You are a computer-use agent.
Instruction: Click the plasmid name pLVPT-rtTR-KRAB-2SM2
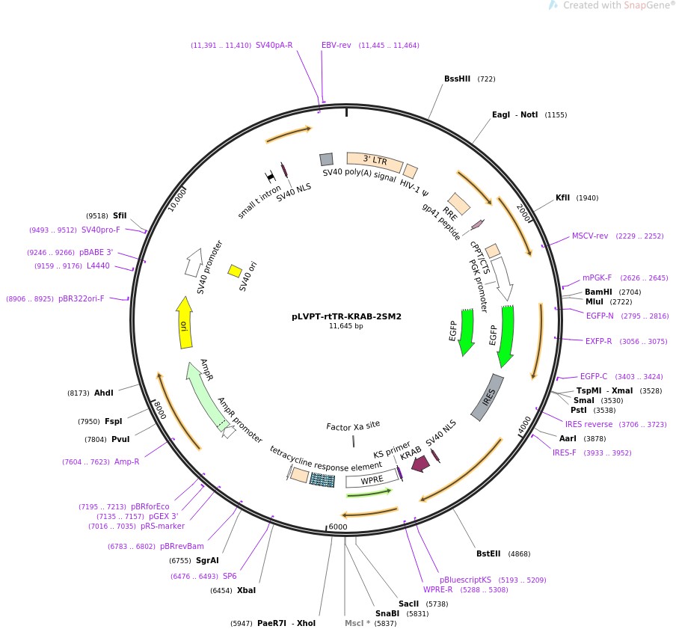click(x=346, y=316)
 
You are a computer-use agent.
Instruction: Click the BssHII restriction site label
click(x=457, y=79)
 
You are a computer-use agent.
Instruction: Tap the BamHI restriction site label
click(x=598, y=292)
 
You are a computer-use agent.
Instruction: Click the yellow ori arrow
click(x=184, y=322)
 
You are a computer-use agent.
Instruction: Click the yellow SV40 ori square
click(x=235, y=271)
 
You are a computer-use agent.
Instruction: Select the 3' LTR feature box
click(x=375, y=162)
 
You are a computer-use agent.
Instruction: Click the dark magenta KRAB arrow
click(x=420, y=464)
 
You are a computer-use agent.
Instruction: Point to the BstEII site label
click(x=491, y=554)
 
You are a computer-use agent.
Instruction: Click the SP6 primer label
click(x=230, y=576)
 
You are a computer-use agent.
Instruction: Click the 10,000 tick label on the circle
click(x=178, y=200)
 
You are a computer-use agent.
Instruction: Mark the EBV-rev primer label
click(x=337, y=46)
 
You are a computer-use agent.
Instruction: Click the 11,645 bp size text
click(x=346, y=326)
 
